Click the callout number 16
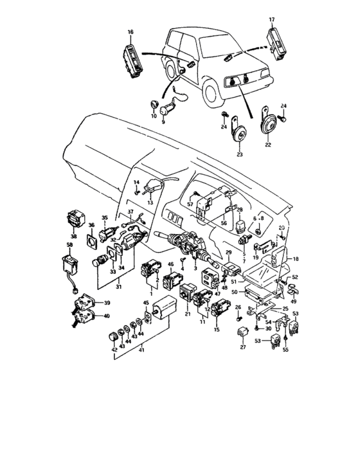point(130,32)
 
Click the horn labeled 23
point(239,134)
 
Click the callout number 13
point(150,201)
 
